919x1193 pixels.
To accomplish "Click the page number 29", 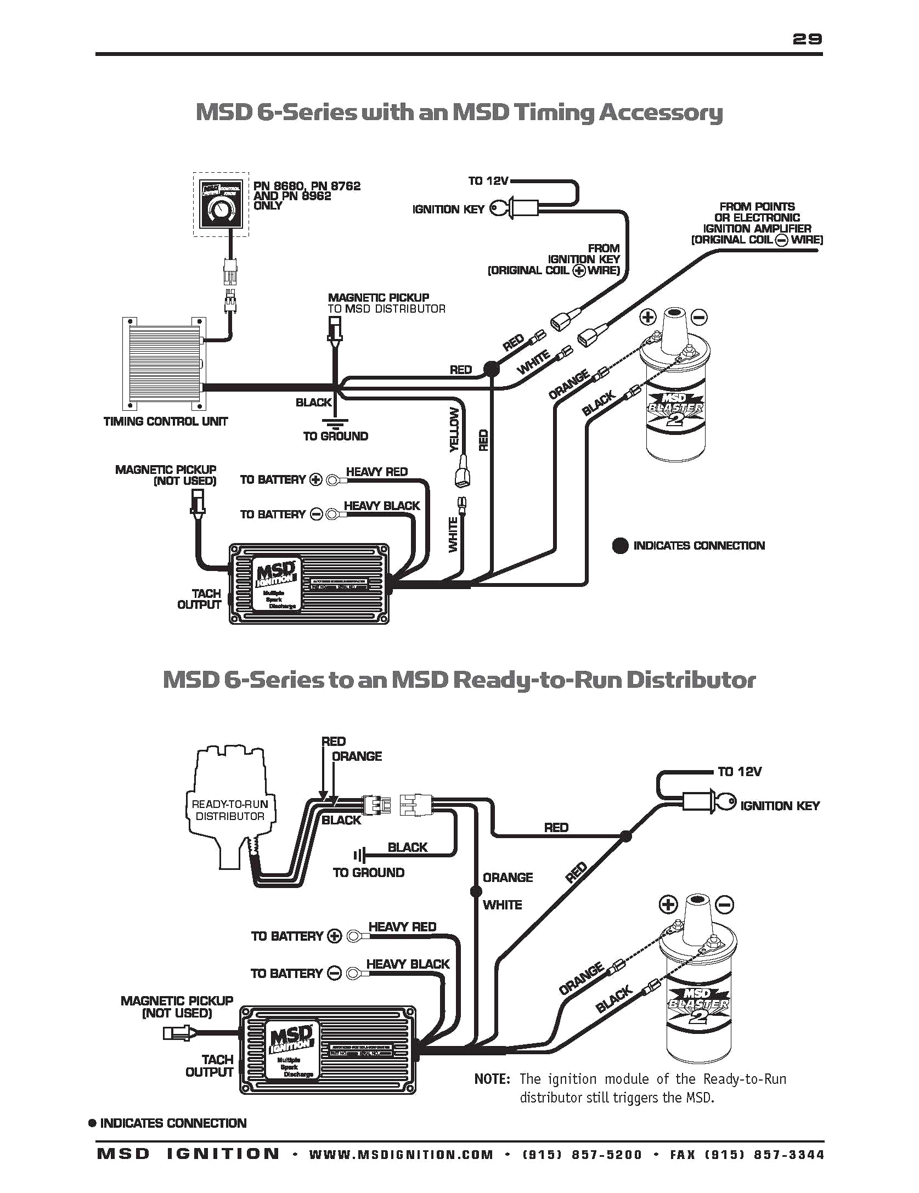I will pos(807,38).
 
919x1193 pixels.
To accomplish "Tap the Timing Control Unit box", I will pos(164,363).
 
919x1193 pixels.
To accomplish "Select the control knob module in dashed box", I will pos(221,204).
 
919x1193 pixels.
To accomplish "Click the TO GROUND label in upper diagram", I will pos(336,437).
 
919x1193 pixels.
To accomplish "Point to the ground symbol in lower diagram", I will pos(359,855).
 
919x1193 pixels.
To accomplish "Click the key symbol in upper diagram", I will pos(498,208).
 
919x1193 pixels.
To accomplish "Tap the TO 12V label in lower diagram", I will pos(740,772).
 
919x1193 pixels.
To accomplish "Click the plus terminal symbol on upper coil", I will pos(648,316).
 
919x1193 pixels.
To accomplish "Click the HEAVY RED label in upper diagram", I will pos(376,472).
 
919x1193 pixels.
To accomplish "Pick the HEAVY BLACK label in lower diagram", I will pos(408,964).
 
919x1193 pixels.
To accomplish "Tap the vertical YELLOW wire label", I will pos(454,430).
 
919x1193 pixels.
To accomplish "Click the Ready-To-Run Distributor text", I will pos(230,810).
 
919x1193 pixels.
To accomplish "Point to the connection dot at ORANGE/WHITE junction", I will pos(476,892).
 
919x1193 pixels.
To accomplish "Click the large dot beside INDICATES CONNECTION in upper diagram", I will pos(620,546).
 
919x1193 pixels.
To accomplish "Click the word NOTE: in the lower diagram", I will pos(492,1079).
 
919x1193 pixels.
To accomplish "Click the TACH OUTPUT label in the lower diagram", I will pos(210,1065).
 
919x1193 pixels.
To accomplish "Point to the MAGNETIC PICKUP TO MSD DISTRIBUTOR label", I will pos(386,303).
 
